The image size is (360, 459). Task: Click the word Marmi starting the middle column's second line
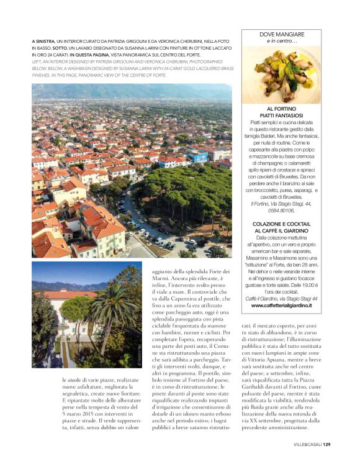click(160, 276)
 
